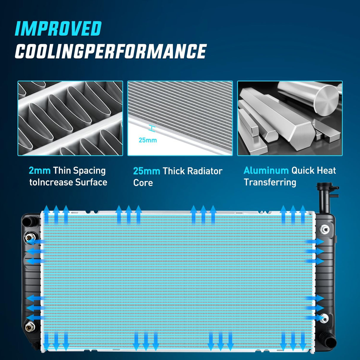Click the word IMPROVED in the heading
coord(58,28)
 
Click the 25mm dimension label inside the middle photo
coord(148,140)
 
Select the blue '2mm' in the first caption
coord(40,171)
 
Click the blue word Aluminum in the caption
coord(266,171)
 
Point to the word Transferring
coord(270,182)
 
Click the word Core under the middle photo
coord(143,183)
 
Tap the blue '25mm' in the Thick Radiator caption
coord(147,171)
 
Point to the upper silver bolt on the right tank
coord(325,229)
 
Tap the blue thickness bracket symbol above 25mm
coord(152,128)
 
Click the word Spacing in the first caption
coord(89,171)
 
